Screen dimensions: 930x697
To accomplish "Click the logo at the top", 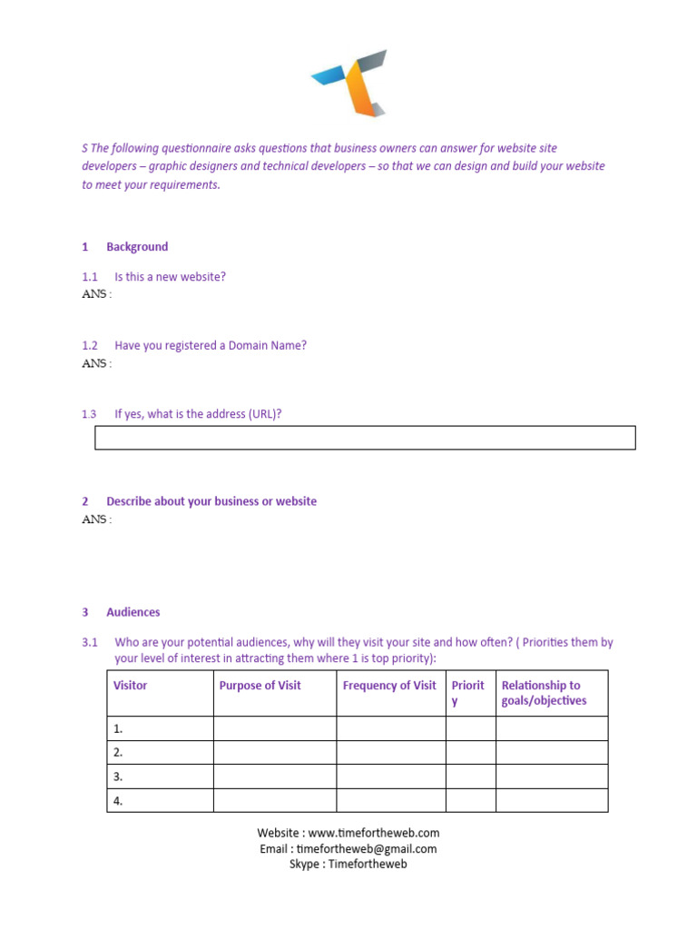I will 348,84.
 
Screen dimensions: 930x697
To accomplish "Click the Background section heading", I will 136,247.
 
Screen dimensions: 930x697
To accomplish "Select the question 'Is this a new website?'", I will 170,277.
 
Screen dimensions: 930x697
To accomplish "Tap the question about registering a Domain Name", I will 211,346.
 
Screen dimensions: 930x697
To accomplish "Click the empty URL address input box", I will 365,438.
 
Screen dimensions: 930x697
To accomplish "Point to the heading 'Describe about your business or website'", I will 211,501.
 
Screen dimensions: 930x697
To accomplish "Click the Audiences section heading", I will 133,613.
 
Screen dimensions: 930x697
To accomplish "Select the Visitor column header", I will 130,686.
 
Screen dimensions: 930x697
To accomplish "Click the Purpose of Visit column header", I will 260,686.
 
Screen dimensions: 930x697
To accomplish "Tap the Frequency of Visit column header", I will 389,686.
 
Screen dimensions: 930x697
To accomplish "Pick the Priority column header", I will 468,693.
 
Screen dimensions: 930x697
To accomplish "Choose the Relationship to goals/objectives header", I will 544,693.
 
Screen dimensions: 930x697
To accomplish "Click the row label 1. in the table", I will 118,728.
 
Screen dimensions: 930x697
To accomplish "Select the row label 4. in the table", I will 118,801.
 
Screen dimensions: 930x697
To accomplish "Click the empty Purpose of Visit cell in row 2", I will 275,752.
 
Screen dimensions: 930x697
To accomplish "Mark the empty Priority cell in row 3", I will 470,777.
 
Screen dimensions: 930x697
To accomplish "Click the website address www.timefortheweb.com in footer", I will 373,833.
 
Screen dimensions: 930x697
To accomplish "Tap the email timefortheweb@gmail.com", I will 373,849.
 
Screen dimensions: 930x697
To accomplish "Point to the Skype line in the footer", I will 348,865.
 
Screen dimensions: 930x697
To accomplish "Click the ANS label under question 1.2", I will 96,363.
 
